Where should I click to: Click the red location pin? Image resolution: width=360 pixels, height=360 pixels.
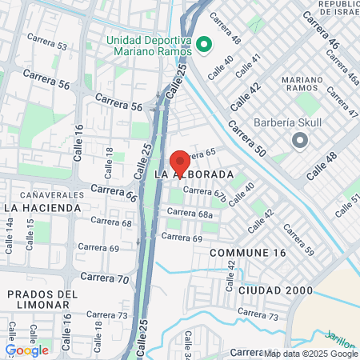click(x=180, y=162)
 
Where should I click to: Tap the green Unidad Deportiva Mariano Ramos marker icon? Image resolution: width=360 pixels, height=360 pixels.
click(x=203, y=43)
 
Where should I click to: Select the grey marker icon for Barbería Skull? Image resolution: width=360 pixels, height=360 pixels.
click(x=300, y=141)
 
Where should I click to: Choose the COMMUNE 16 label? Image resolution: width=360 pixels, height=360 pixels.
click(x=247, y=253)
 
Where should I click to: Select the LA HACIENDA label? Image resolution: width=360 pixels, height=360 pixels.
click(x=42, y=207)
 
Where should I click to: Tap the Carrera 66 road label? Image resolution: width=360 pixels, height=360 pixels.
click(x=114, y=191)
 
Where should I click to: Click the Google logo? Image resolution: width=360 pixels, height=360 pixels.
click(x=26, y=350)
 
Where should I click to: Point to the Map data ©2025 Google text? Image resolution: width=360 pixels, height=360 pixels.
click(x=311, y=354)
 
